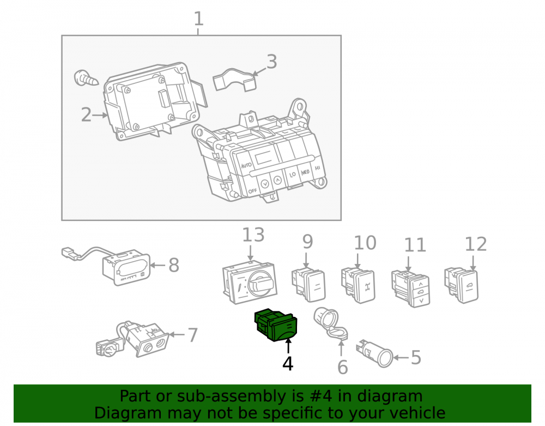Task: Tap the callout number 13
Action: pyautogui.click(x=253, y=235)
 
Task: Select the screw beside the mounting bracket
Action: pyautogui.click(x=86, y=78)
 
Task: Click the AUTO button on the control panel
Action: pyautogui.click(x=246, y=165)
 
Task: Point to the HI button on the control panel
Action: pyautogui.click(x=317, y=168)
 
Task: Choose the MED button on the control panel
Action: pyautogui.click(x=305, y=172)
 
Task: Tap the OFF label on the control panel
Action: pyautogui.click(x=253, y=191)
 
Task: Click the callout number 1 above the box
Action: pyautogui.click(x=198, y=19)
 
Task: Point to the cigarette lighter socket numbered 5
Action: pyautogui.click(x=375, y=353)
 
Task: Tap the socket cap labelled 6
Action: pyautogui.click(x=331, y=323)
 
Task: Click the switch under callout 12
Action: pyautogui.click(x=462, y=285)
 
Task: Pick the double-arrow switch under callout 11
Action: pyautogui.click(x=411, y=289)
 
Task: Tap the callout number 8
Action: pyautogui.click(x=174, y=265)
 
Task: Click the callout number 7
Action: pyautogui.click(x=192, y=335)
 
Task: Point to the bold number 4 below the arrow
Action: pyautogui.click(x=288, y=364)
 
